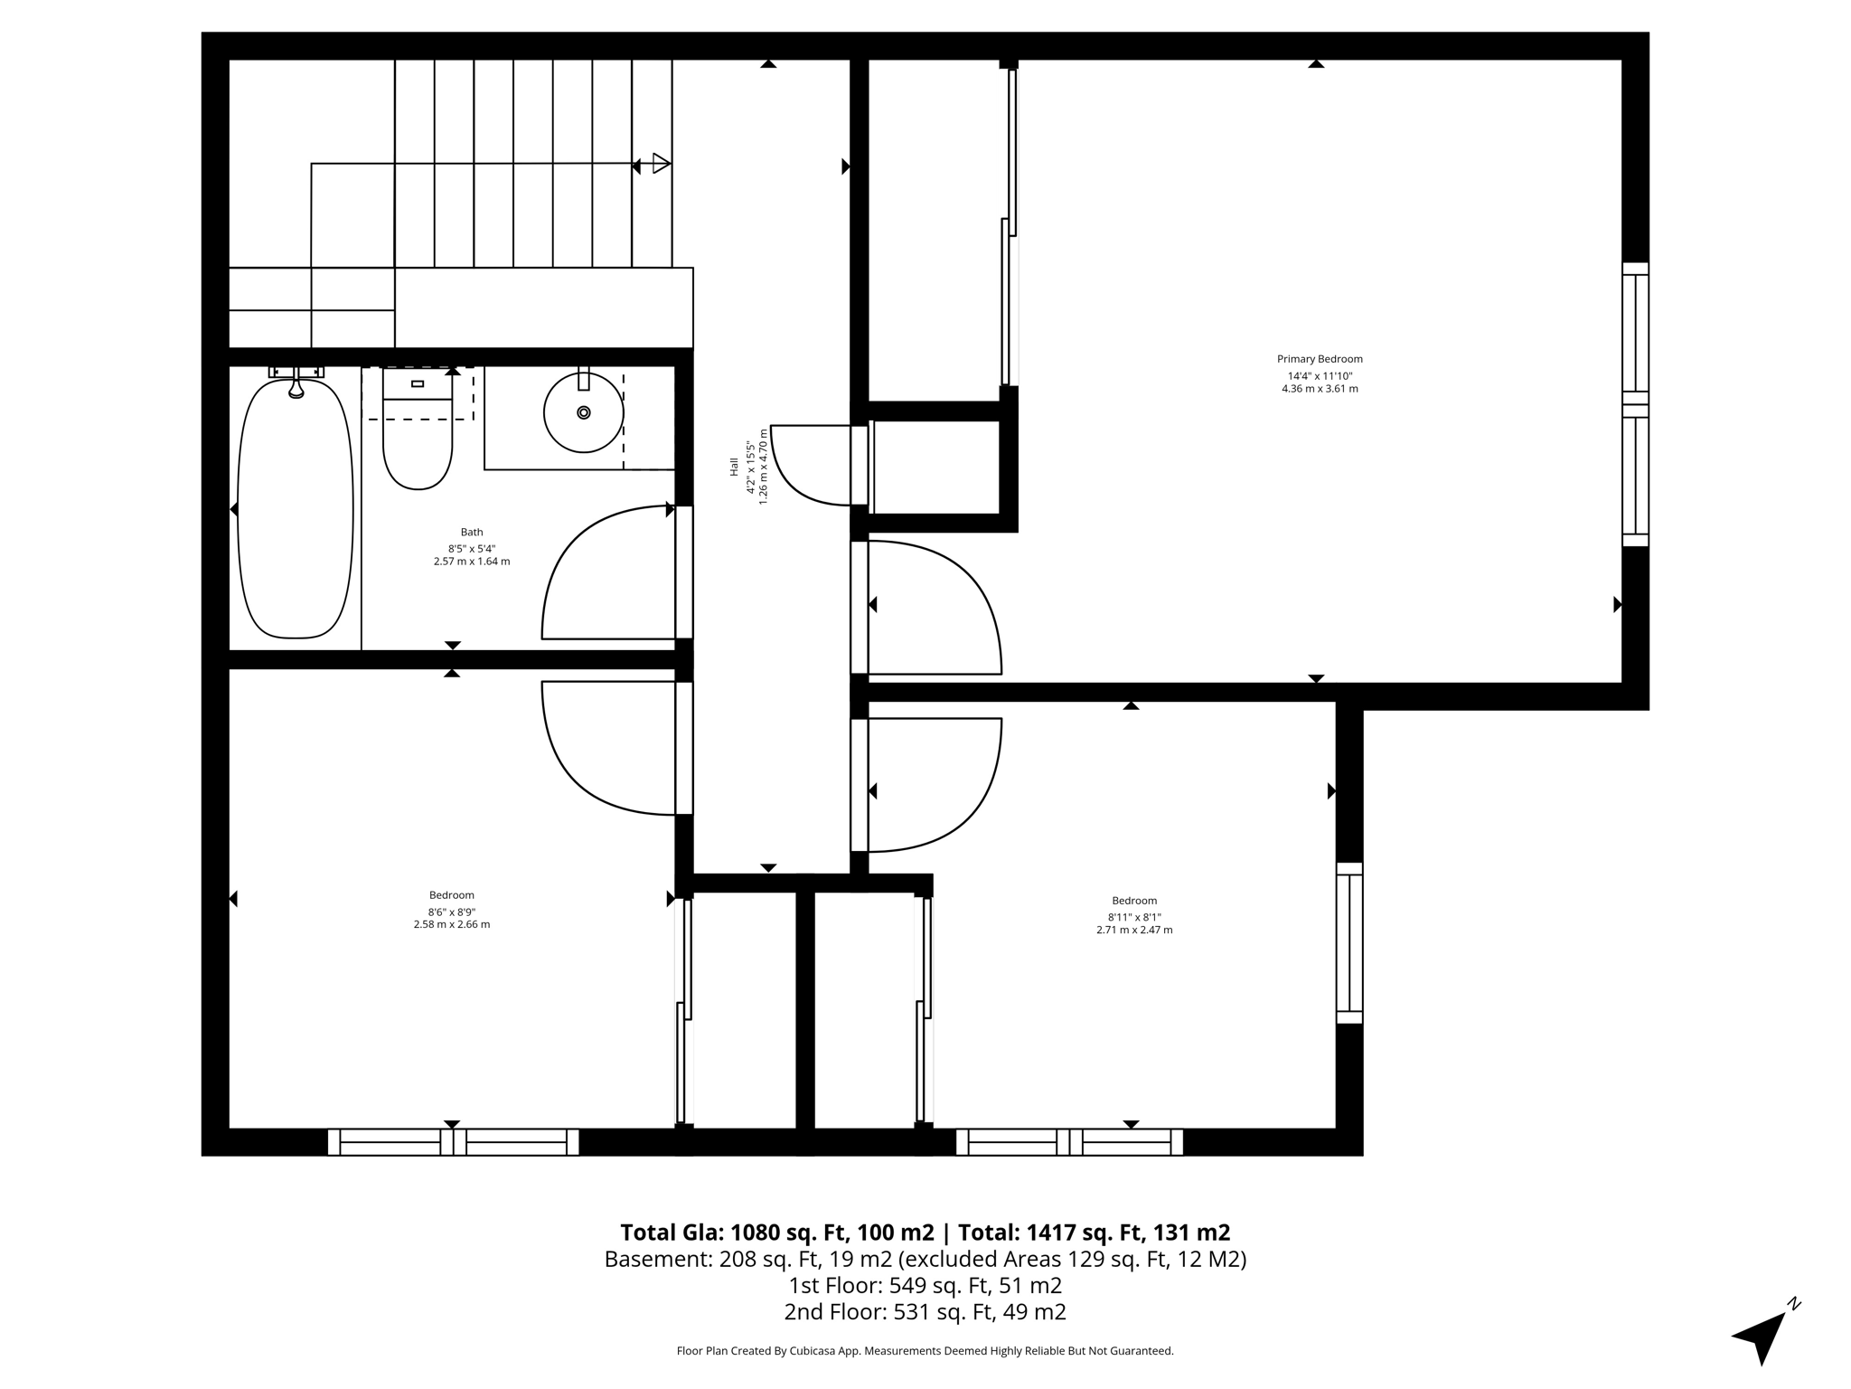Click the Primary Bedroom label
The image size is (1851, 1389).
(x=1319, y=359)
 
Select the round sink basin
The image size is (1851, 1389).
(x=583, y=412)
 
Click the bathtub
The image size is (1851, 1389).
(x=295, y=511)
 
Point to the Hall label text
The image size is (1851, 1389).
(x=734, y=467)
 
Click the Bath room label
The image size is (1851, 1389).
(x=471, y=533)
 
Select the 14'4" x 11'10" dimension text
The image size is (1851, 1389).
(x=1320, y=376)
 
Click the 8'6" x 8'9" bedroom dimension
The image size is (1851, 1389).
(x=452, y=912)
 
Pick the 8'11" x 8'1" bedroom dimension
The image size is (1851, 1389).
(x=1134, y=917)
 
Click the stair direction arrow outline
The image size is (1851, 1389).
(x=662, y=164)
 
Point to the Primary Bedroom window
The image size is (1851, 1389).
(x=1635, y=404)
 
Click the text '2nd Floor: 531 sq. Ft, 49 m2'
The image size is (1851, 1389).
(x=925, y=1311)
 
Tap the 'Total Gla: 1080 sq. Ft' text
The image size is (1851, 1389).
(x=776, y=1233)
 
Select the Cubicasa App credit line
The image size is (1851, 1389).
(x=925, y=1351)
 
